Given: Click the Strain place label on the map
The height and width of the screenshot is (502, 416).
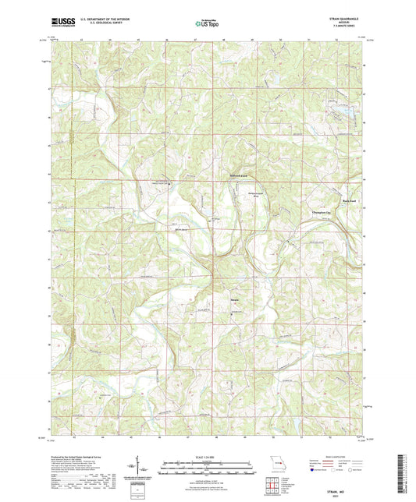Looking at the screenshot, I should [x=213, y=297].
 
